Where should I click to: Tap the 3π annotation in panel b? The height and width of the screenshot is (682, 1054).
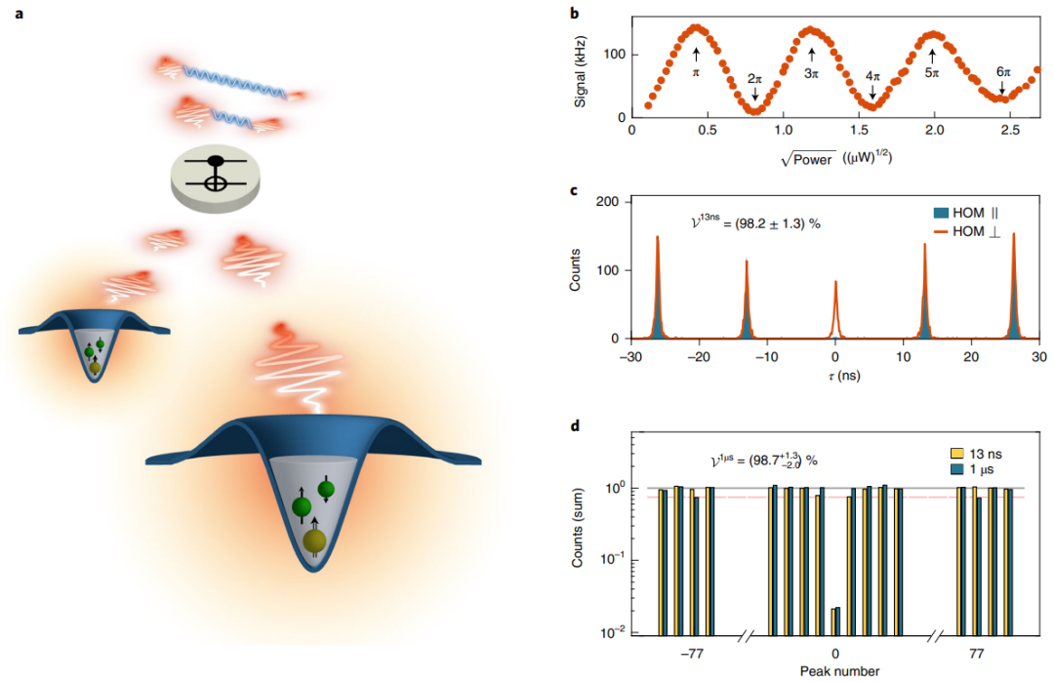pyautogui.click(x=811, y=72)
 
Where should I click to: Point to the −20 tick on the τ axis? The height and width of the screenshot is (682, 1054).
pyautogui.click(x=698, y=358)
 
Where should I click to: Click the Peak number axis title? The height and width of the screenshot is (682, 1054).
pyautogui.click(x=835, y=670)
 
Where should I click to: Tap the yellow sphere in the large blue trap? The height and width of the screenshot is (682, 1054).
pyautogui.click(x=314, y=541)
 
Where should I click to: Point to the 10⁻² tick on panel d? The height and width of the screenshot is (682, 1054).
pyautogui.click(x=610, y=633)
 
